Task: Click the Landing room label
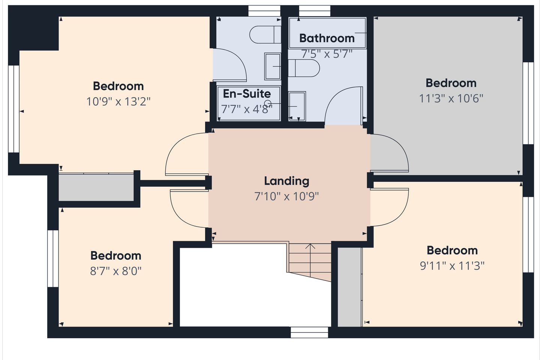point(286,181)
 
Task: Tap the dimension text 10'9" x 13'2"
point(118,102)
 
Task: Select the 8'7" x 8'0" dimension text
point(116,271)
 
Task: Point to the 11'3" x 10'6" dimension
point(451,98)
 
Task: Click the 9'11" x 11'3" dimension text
point(452,266)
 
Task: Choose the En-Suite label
point(247,93)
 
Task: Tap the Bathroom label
point(327,38)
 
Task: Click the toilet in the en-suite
point(265,35)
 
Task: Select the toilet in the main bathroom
point(304,68)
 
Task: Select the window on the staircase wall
point(309,333)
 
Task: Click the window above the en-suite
point(264,11)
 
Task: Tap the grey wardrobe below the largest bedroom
point(96,187)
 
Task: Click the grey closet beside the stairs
point(349,287)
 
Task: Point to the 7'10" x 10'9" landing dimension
point(286,196)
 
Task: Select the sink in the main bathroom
point(297,106)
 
